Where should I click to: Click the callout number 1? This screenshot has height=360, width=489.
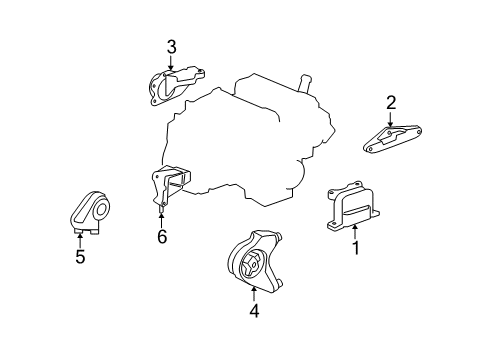pos(354,247)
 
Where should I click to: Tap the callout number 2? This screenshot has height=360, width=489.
pos(391,101)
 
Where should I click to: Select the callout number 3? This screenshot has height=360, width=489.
pos(171,46)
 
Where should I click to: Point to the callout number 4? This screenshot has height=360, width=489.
pos(254,310)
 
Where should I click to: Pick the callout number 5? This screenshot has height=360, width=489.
pos(80,257)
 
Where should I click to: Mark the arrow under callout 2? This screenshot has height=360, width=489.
pos(391,116)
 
